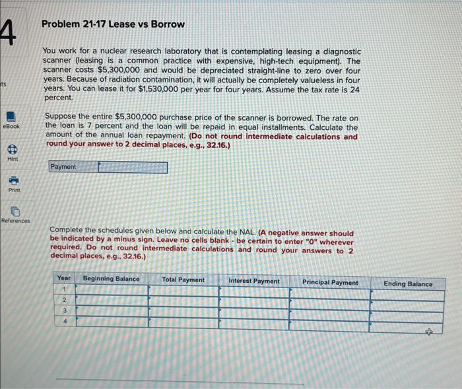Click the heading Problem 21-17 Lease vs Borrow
(113, 24)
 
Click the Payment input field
(133, 167)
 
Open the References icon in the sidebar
(15, 212)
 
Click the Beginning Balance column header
(111, 280)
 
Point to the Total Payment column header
(183, 280)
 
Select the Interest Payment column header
(253, 282)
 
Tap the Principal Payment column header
(330, 283)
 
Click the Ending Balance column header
(408, 284)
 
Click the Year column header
(64, 278)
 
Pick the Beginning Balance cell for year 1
(111, 290)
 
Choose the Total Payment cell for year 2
(183, 301)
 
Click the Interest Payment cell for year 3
(253, 312)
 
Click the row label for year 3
(65, 310)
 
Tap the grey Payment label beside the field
(63, 167)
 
